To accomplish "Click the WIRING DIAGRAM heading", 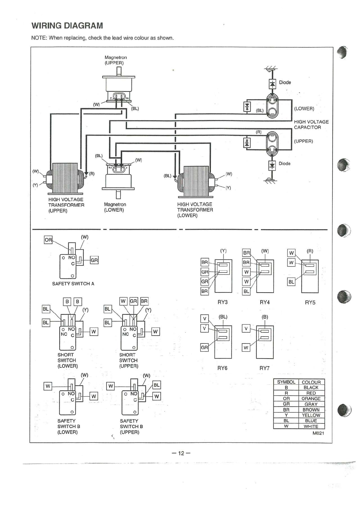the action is pos(67,26).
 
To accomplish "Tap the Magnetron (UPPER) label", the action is pos(116,60).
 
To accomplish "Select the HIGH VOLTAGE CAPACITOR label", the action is pos(311,124).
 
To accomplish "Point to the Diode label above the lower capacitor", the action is pos(285,82).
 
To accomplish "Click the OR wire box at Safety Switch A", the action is pos(48,240).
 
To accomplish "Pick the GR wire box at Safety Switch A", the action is pos(94,260).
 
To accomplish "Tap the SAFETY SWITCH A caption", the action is pos(73,283).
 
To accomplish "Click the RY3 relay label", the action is pos(223,302).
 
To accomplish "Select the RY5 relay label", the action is pos(310,302).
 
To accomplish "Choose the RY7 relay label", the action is pos(264,368).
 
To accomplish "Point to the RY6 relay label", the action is pos(222,368).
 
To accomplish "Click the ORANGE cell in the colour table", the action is pos(311,399).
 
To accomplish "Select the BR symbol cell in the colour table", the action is pos(286,410).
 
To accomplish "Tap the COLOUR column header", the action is pos(311,382).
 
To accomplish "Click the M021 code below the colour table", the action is pos(318,433).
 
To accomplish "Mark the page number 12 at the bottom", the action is pos(181,453).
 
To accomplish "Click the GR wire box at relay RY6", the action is pos(204,347).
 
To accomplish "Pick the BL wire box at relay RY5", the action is pos(291,282).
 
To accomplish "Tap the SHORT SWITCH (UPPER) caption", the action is pos(128,360).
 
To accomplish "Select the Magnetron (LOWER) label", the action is pos(115,207).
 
